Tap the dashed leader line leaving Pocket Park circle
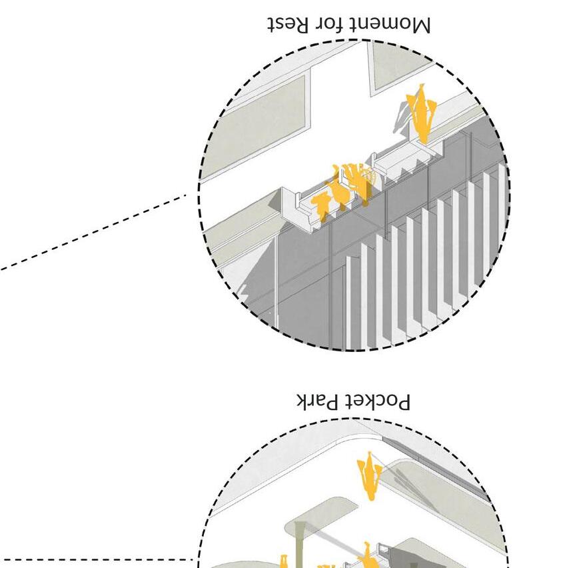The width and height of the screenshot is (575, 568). pos(100,560)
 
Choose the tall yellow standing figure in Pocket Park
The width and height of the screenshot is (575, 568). pos(368,476)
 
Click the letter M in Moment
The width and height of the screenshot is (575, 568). pos(420,25)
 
